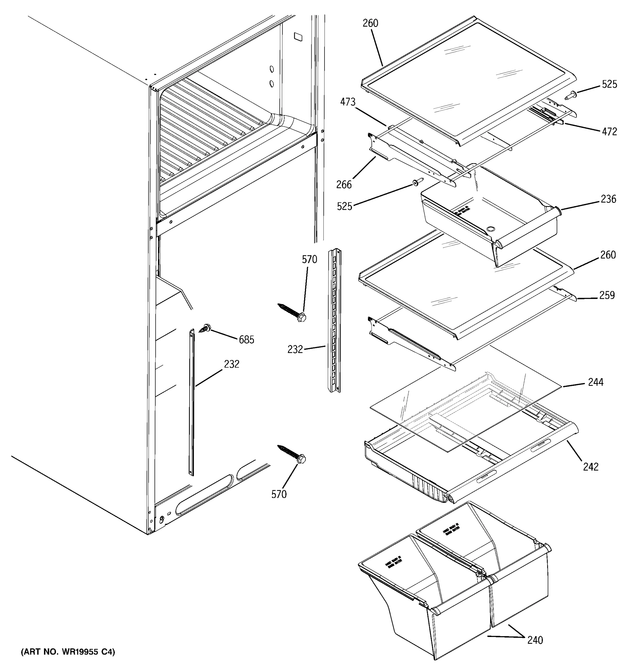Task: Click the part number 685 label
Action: [246, 340]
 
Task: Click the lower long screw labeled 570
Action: [292, 454]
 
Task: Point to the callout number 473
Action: [348, 102]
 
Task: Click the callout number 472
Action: [609, 132]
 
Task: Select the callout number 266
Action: [344, 185]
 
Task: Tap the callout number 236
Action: [608, 199]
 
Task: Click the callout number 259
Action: [607, 295]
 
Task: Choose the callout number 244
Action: [596, 382]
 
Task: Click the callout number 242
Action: [591, 467]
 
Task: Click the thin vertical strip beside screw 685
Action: [192, 402]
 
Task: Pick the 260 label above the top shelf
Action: [370, 23]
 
